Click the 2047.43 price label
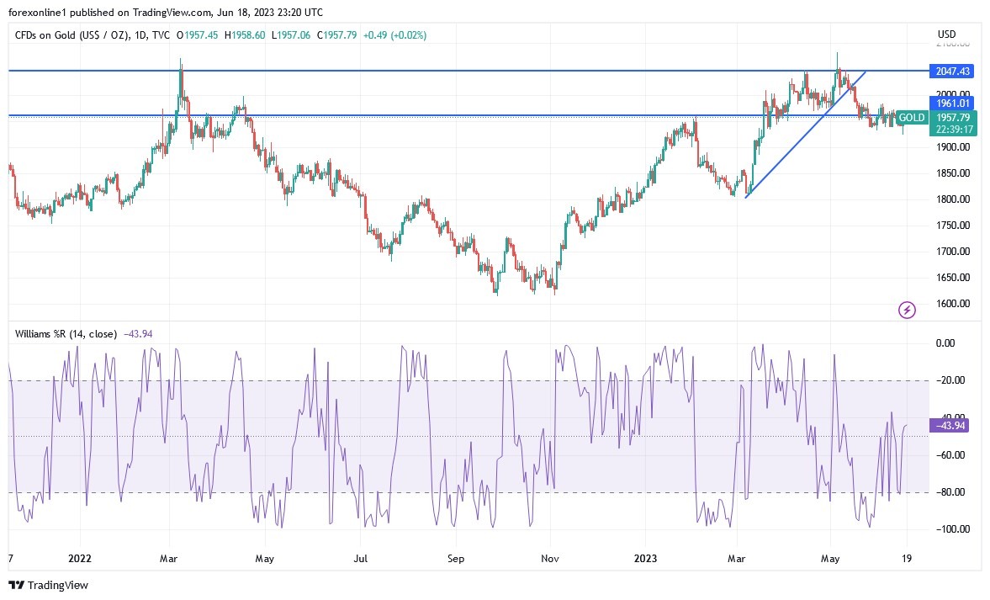coord(949,71)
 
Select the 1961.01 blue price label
coord(949,103)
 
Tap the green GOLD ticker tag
coord(912,117)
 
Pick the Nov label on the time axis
coord(550,558)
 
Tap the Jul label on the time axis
coord(362,558)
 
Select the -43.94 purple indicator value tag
coord(949,426)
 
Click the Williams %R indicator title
coord(66,333)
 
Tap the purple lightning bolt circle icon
coord(907,311)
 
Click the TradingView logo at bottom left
coord(49,585)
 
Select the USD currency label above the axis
coord(947,35)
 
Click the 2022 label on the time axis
coord(80,558)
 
